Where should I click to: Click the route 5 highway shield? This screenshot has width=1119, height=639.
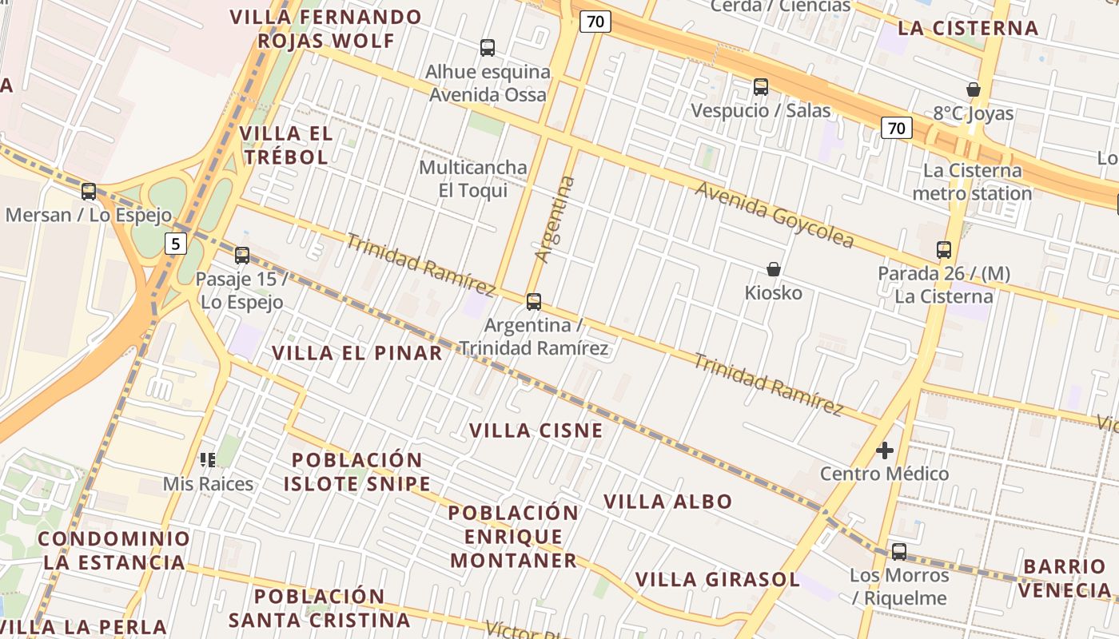(176, 244)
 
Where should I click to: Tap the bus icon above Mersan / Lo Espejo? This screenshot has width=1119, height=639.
(89, 192)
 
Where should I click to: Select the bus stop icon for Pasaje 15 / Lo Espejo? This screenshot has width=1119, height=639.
(242, 256)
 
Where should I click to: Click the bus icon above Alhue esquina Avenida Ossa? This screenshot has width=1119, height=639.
(488, 48)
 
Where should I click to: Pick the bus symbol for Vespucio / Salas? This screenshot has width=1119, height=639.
(761, 87)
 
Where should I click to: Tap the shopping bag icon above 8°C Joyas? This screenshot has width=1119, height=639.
(974, 89)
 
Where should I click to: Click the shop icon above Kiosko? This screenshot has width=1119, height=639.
(773, 269)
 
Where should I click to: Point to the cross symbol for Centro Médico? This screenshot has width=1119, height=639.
(885, 450)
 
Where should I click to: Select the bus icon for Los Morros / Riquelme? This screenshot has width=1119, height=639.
(899, 552)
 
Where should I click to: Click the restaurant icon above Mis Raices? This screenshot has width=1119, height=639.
(208, 459)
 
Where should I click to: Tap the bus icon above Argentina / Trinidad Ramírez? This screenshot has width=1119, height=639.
(534, 302)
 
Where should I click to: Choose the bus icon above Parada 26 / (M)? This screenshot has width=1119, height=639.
(944, 250)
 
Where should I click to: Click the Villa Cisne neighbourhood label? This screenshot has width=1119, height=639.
(536, 431)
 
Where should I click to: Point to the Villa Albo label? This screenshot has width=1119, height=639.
(667, 502)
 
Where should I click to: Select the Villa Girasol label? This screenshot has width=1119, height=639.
(717, 579)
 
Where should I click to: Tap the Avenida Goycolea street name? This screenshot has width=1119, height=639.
(774, 214)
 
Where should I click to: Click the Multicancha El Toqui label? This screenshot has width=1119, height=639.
(473, 179)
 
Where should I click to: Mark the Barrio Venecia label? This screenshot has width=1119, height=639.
(1067, 578)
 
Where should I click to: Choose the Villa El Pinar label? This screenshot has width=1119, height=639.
(356, 353)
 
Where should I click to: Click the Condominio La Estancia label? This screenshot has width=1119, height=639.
(114, 550)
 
